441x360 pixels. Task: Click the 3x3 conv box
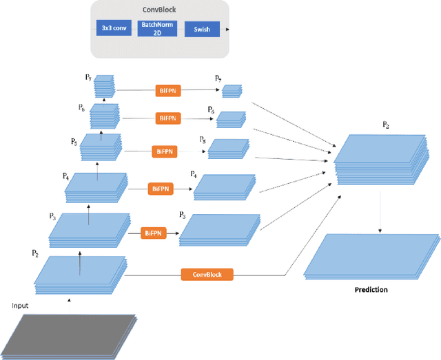point(112,29)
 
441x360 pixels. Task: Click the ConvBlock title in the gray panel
point(161,8)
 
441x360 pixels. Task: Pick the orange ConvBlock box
point(207,274)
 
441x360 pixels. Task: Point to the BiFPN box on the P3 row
point(154,233)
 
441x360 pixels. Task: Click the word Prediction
point(371,290)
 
